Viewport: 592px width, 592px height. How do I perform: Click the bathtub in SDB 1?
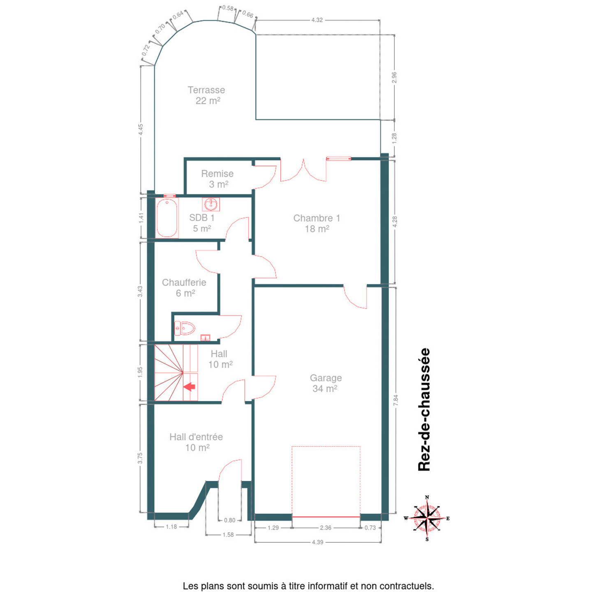point(167,218)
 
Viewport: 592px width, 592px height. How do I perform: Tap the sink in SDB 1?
point(211,204)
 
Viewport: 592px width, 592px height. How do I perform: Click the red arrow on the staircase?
point(189,386)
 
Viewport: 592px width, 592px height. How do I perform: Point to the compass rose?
point(427,518)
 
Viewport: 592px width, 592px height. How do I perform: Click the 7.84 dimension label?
point(395,400)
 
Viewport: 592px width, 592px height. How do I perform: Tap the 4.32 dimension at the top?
point(317,20)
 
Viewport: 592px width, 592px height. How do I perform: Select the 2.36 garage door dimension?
point(326,528)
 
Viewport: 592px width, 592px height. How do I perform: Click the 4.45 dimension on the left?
point(141,129)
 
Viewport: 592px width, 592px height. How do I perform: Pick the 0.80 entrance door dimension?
point(229,520)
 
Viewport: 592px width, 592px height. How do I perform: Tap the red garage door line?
point(326,517)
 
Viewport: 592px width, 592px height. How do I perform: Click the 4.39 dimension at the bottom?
point(318,542)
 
